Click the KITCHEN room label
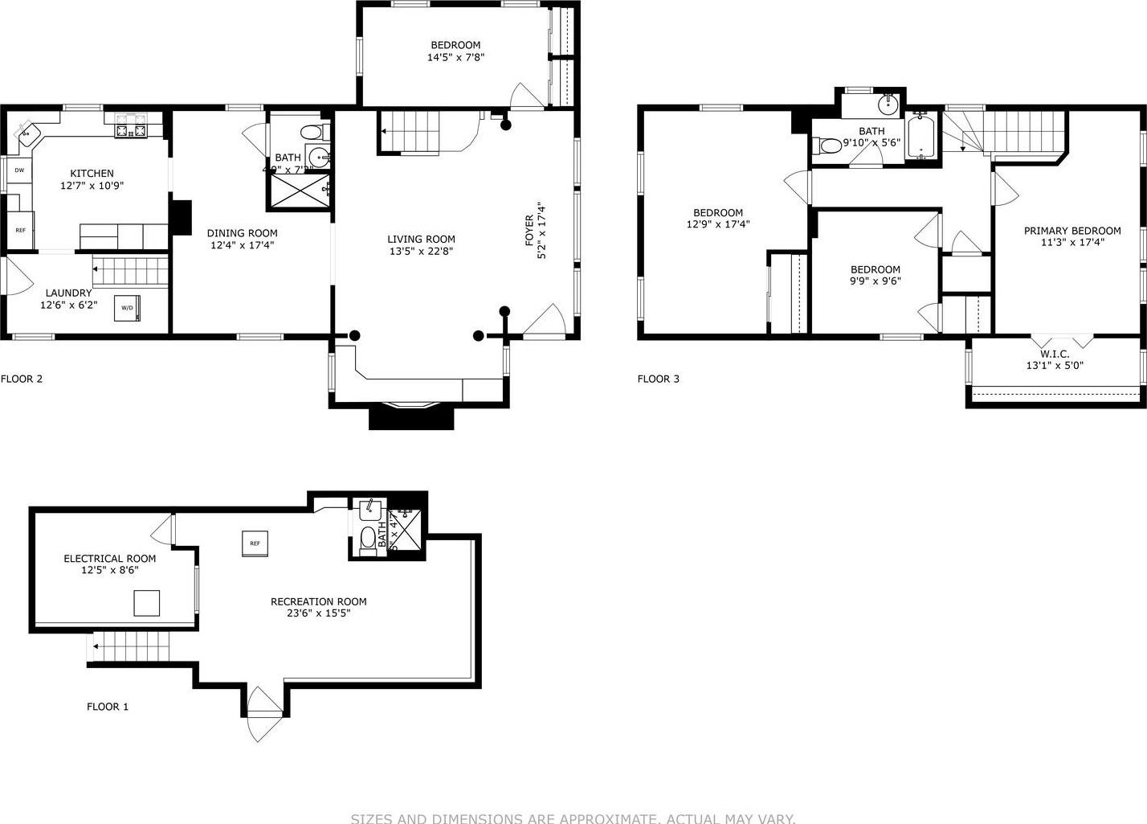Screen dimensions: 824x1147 (x=92, y=173)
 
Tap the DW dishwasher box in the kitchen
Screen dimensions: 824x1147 (x=18, y=170)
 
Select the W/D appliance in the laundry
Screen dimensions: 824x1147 (x=127, y=308)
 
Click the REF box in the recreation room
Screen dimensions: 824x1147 (x=255, y=543)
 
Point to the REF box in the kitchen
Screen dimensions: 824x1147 (x=20, y=230)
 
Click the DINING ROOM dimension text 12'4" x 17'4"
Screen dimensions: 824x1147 (x=242, y=245)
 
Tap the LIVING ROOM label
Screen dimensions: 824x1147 (x=421, y=239)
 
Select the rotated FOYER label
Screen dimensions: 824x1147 (x=529, y=230)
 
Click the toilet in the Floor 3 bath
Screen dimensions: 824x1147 (x=827, y=146)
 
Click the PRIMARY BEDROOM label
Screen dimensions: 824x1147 (x=1071, y=231)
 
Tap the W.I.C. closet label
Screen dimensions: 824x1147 (x=1054, y=354)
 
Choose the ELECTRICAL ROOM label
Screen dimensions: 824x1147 (x=109, y=559)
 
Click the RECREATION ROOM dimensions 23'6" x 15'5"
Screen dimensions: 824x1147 (x=318, y=613)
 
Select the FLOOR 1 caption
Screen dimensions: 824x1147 (x=108, y=707)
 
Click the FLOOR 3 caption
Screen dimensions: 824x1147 (x=658, y=379)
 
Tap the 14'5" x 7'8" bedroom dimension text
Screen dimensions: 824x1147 (x=455, y=57)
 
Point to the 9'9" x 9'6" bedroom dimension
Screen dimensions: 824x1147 (x=875, y=281)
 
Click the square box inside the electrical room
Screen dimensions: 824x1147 (x=146, y=603)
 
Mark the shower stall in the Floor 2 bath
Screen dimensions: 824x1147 (x=299, y=191)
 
